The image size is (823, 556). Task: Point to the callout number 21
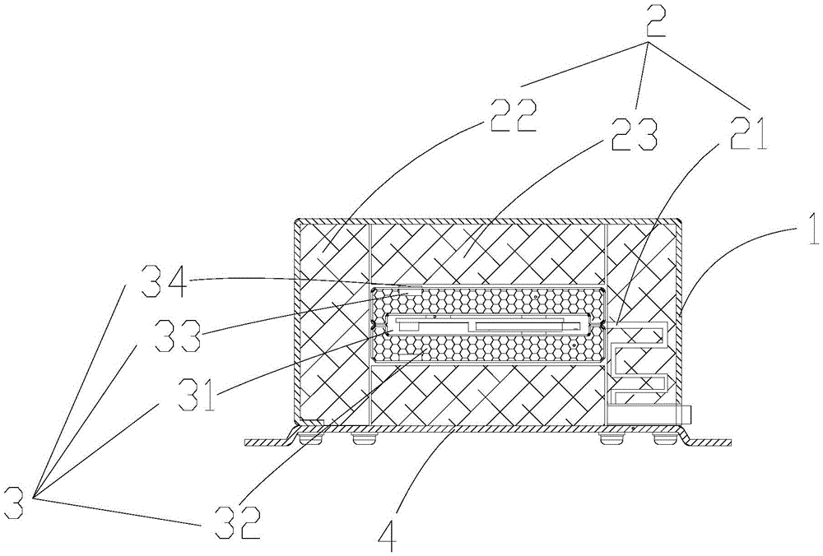(746, 132)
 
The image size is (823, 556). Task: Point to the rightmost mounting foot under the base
(663, 440)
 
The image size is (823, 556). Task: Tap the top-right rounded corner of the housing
(681, 223)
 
